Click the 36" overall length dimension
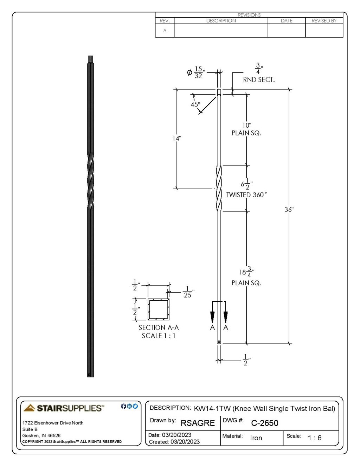coord(289,210)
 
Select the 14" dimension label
coord(176,138)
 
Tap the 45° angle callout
coord(195,104)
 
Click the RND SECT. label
coord(259,80)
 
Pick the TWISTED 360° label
coord(246,195)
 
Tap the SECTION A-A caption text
coord(159,327)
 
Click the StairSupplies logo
coord(64,408)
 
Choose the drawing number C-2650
coord(264,423)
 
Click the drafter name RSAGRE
coord(197,423)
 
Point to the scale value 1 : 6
coord(314,438)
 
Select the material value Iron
coord(256,438)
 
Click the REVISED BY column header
coord(324,21)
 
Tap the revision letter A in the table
coord(165,31)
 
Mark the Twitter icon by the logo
coord(135,406)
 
